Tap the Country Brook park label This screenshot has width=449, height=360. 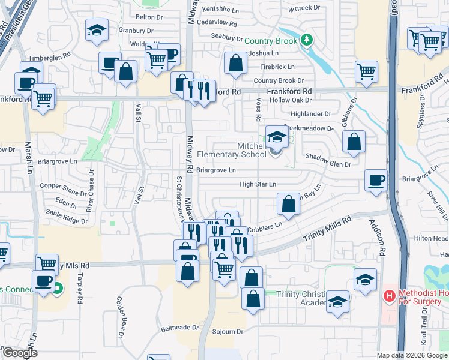[x=271, y=41]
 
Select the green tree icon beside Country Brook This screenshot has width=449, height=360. [x=307, y=40]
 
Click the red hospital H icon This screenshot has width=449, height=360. [x=390, y=295]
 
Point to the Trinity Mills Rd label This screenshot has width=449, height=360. [x=327, y=230]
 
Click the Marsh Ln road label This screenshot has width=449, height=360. [x=28, y=158]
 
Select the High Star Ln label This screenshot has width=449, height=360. [x=258, y=184]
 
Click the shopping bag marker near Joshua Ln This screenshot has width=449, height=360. [x=235, y=62]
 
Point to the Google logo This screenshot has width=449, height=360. [x=19, y=353]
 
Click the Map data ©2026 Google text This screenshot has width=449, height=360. [x=411, y=355]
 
